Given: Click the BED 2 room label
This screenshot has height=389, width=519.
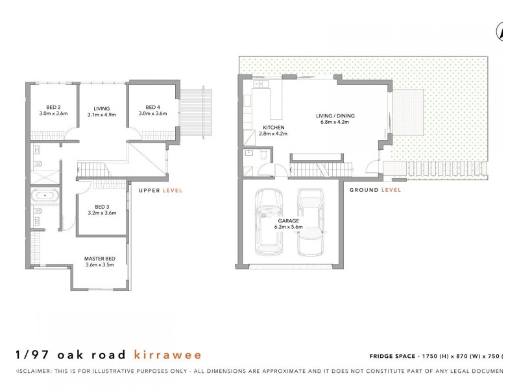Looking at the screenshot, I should pyautogui.click(x=53, y=108).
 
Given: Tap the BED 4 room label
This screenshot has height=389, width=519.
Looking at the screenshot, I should pyautogui.click(x=152, y=108).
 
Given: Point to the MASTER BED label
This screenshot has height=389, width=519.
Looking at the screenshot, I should pyautogui.click(x=99, y=259).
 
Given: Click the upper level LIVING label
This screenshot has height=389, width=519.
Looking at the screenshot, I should pyautogui.click(x=101, y=108).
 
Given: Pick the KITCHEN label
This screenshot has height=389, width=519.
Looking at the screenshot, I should pyautogui.click(x=272, y=127).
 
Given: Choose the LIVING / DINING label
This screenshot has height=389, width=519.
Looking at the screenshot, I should pyautogui.click(x=335, y=116).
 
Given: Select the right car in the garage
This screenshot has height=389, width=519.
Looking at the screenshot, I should pyautogui.click(x=311, y=222).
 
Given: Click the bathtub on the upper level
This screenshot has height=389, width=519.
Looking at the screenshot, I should pyautogui.click(x=44, y=194).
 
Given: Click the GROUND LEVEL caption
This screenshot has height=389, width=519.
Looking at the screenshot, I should pyautogui.click(x=375, y=190).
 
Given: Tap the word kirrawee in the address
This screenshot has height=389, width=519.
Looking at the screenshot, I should pyautogui.click(x=167, y=355).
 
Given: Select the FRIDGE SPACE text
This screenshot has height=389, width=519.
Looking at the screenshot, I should pyautogui.click(x=392, y=357).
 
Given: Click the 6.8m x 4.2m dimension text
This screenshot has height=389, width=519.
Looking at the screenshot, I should pyautogui.click(x=335, y=122).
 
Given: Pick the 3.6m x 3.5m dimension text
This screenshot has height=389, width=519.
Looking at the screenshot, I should pyautogui.click(x=99, y=265).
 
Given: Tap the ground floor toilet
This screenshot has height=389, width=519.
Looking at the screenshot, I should pyautogui.click(x=263, y=156).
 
